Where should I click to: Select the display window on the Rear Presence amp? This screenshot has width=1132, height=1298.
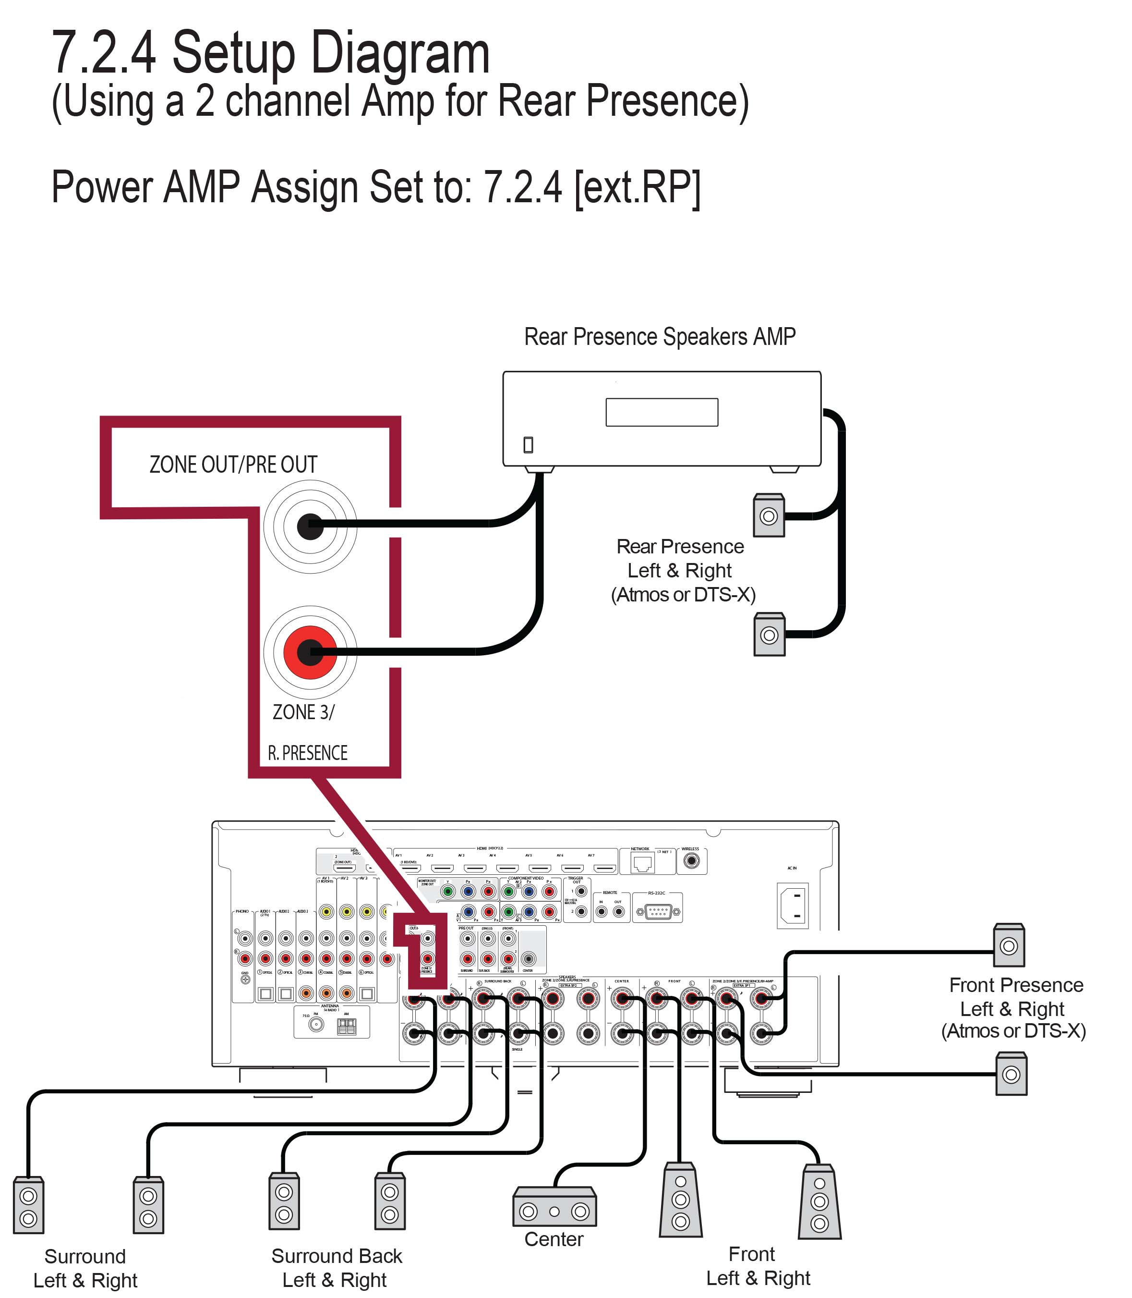tap(662, 412)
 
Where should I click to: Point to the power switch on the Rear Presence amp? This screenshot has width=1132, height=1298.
tap(528, 445)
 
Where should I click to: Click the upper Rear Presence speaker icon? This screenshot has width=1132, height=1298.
tap(769, 515)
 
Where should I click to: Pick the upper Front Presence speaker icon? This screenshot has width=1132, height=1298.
tap(1008, 945)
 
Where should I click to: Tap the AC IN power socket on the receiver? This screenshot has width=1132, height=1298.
tap(792, 906)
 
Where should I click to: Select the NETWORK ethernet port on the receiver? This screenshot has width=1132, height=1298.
tap(642, 862)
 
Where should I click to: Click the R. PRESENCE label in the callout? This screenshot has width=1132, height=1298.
tap(308, 753)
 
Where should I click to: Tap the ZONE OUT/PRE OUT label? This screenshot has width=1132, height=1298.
tap(233, 465)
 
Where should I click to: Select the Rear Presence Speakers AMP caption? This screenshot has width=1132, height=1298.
tap(660, 337)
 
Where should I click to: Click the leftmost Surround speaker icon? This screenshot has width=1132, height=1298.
tap(28, 1206)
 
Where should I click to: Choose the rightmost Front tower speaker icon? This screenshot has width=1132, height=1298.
tap(819, 1201)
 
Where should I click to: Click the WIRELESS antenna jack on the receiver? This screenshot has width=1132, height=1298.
tap(692, 861)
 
